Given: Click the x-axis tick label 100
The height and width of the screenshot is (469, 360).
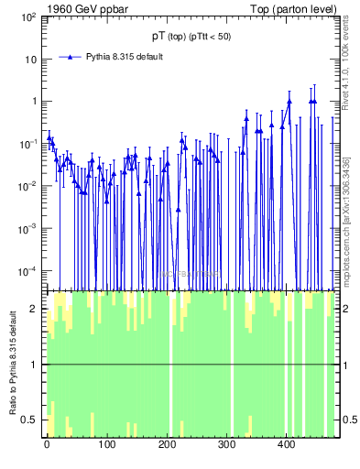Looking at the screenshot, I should point(106,446).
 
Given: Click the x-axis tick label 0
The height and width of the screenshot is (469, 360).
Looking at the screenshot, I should point(47,446).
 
